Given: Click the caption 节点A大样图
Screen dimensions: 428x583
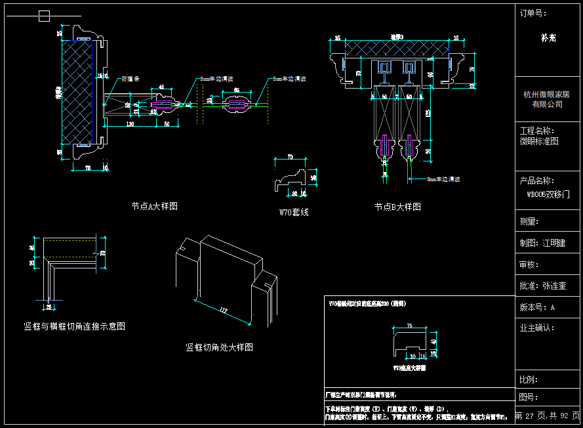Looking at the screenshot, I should coord(154,206).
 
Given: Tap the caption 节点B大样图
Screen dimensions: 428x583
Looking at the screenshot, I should coord(397,207).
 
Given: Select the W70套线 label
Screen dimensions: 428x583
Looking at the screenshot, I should coord(294,213).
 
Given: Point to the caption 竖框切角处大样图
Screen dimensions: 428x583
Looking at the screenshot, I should coord(219,347).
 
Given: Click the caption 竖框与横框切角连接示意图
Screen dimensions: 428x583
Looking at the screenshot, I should coord(74,326).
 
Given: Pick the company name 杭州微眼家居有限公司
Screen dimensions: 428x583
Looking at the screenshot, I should coord(547,99).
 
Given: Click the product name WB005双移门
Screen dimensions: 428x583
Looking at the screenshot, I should coord(548,195).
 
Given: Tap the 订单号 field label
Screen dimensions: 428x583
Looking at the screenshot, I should coord(533,13).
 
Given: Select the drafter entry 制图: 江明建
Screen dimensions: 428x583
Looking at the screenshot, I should coord(542,243).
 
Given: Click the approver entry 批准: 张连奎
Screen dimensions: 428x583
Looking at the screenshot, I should coord(542,286).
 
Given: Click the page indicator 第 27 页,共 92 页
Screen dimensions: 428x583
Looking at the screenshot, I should coord(548,416).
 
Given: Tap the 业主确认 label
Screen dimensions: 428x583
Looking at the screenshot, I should coord(537,328).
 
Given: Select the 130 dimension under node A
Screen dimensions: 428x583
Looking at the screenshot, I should coord(130,124).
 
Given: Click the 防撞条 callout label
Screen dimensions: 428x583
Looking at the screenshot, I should coord(131,79).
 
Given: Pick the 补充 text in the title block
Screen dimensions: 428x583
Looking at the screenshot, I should coord(548,38).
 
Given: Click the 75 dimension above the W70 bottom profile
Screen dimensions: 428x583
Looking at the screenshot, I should coord(411,326).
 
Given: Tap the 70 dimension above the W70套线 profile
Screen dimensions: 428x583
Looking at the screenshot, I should coord(290,158).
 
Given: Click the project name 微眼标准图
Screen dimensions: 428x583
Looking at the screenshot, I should coord(539,141).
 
